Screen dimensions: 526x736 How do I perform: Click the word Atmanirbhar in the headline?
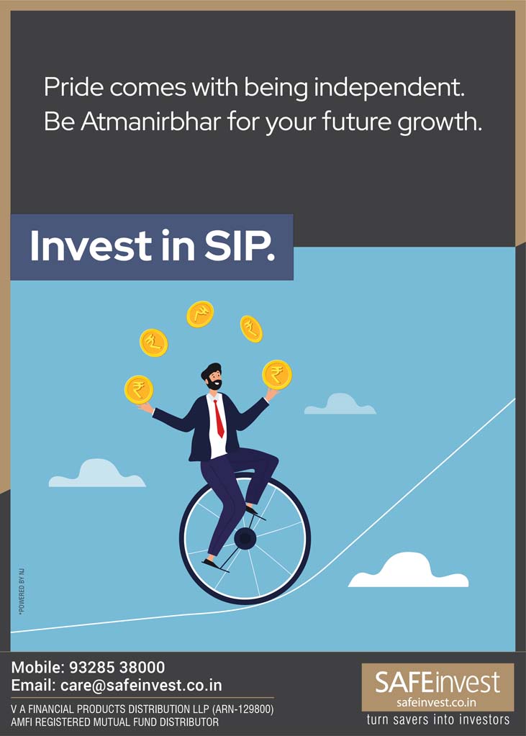point(151,122)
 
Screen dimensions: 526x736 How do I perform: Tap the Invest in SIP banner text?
point(152,246)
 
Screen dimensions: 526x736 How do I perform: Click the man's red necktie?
point(218,418)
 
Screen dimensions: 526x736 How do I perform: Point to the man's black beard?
point(214,384)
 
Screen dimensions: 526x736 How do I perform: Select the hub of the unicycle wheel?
point(245,538)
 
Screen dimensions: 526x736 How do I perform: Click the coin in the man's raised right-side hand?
point(277,375)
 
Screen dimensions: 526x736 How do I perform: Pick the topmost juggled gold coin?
point(200,314)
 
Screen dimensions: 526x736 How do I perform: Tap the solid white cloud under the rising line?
point(408,571)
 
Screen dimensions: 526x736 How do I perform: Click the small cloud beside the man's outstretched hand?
point(340,404)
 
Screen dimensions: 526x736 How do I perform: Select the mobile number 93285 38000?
point(117,667)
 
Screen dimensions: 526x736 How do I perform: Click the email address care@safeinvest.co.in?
point(141,685)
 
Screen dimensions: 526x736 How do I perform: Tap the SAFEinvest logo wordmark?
point(437,683)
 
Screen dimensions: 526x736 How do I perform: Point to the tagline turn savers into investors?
point(437,719)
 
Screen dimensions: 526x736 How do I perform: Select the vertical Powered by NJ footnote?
point(22,591)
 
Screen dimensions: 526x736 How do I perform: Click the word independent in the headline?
point(389,88)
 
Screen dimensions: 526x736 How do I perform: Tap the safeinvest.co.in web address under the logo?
point(437,703)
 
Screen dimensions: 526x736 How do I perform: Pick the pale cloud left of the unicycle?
point(97,473)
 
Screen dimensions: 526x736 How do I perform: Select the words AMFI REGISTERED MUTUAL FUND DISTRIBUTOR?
point(115,722)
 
